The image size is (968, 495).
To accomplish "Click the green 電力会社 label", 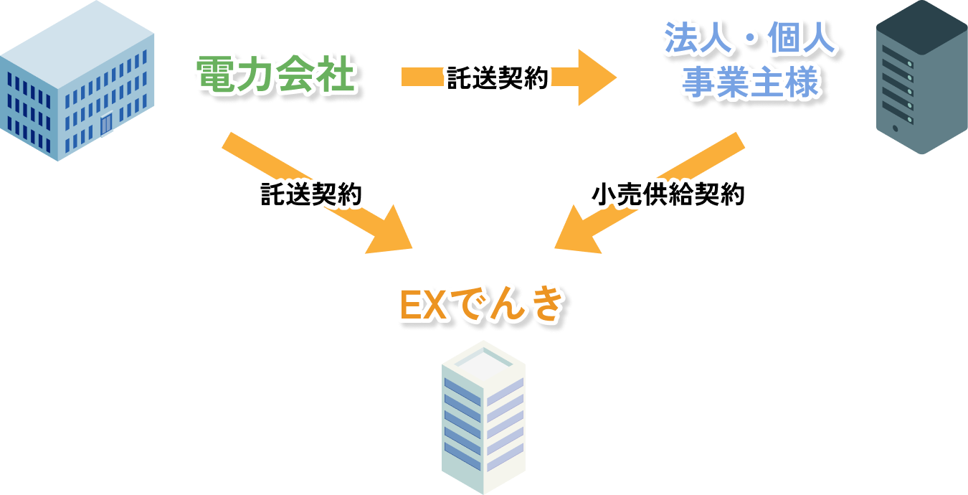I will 276,75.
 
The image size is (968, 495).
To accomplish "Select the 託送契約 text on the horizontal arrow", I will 497,77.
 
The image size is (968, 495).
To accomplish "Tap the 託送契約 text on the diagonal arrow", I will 312,194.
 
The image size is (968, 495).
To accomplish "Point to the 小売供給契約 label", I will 668,194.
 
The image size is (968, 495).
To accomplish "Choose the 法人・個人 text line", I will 749,41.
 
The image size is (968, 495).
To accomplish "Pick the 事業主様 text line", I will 749,82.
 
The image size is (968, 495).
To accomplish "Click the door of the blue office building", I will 106,124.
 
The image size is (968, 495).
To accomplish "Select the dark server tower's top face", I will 921,22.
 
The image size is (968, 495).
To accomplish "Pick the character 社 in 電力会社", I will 336,75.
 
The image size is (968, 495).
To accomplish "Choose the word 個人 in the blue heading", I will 807,41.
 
